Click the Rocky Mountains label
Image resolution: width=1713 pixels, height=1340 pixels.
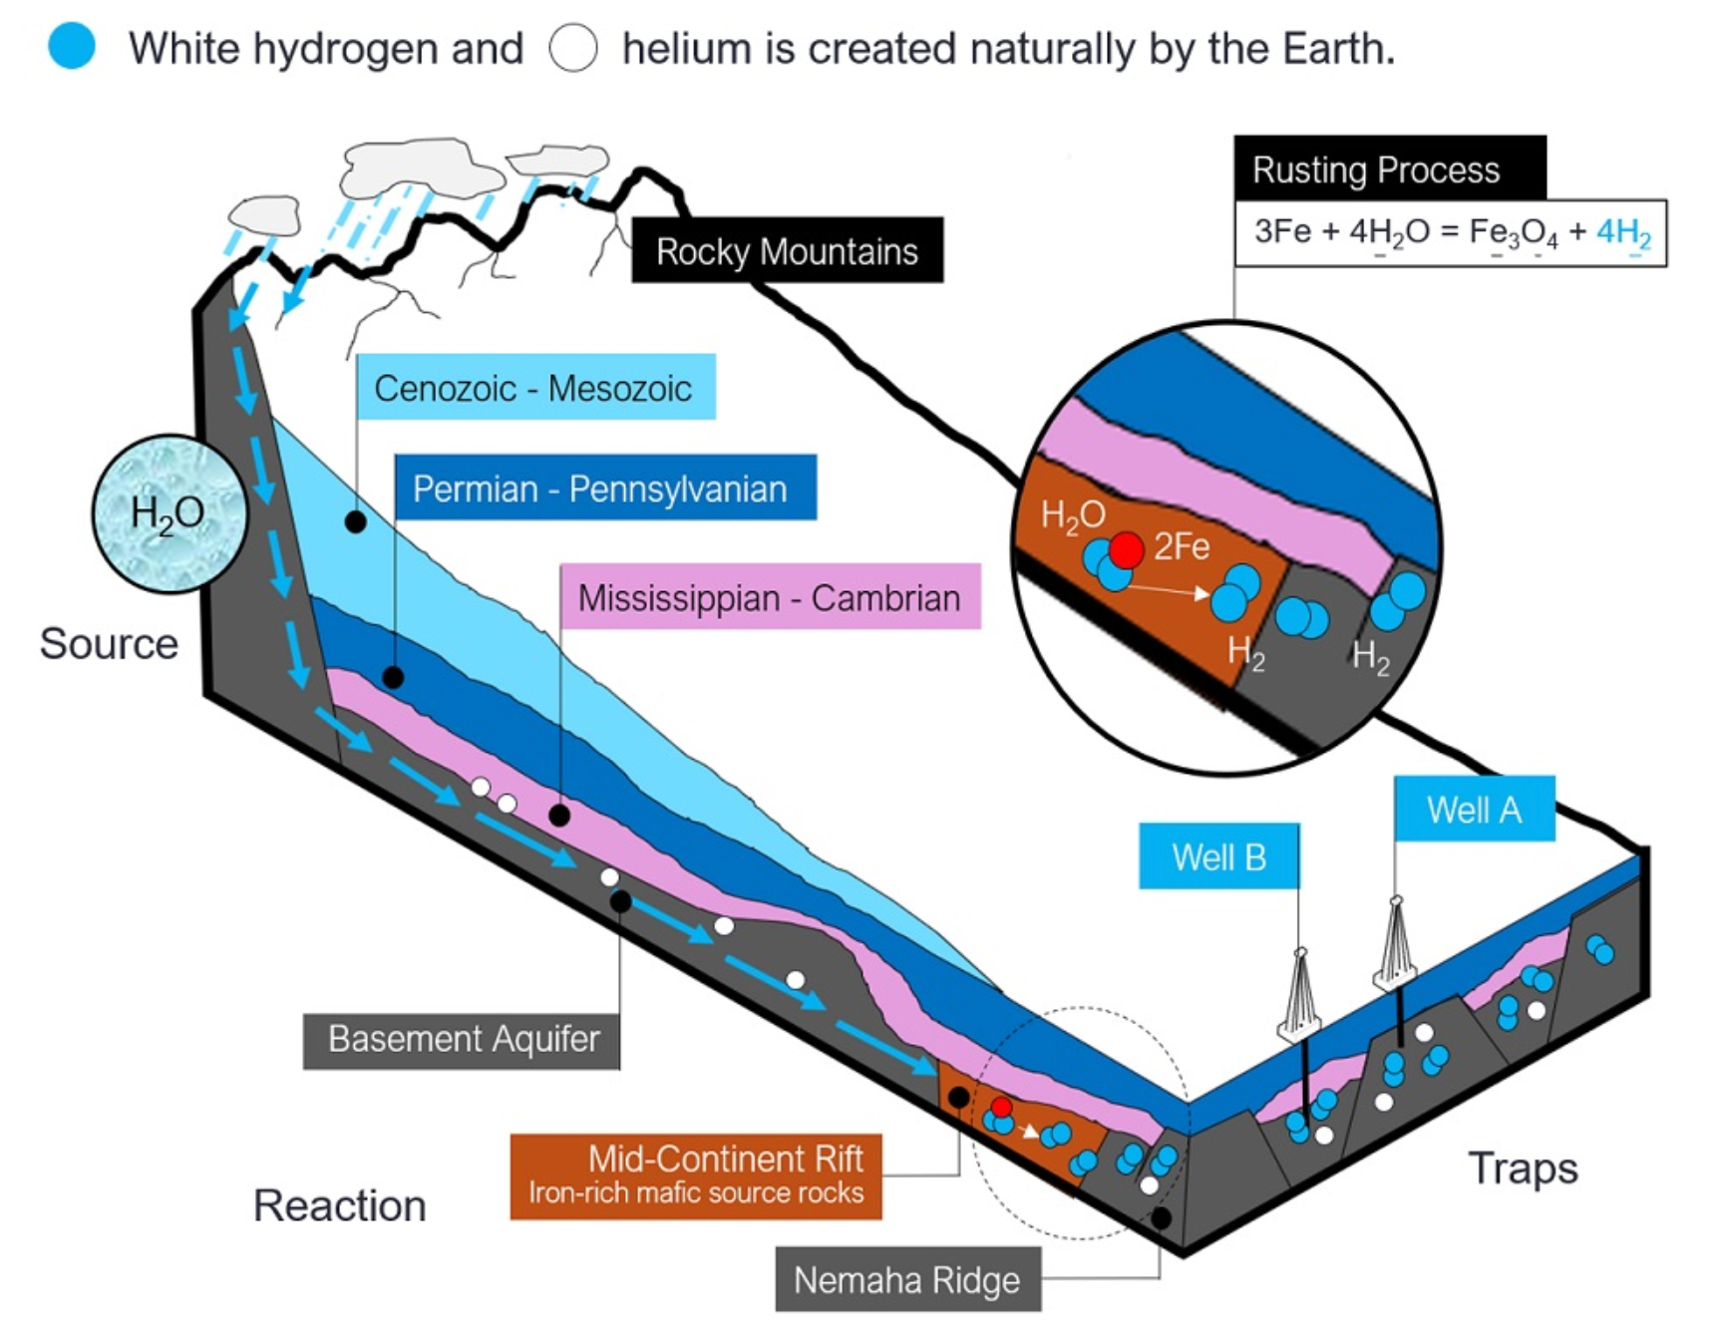pos(787,251)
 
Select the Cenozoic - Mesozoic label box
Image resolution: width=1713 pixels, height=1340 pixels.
pos(534,387)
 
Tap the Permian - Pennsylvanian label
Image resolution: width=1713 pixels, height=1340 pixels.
pos(604,489)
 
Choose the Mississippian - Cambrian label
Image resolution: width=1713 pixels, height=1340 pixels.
pos(769,597)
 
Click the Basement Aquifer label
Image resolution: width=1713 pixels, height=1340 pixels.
pos(462,1039)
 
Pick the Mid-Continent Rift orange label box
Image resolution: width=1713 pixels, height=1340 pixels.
pos(696,1175)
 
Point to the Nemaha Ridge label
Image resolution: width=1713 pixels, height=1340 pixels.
pos(907,1279)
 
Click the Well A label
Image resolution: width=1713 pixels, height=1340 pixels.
pos(1474,809)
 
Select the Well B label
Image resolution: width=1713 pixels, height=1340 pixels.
pos(1218,856)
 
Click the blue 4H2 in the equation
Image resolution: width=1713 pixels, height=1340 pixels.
pos(1623,233)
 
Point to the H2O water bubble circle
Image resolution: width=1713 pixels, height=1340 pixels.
pos(170,513)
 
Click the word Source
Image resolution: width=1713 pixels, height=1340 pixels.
pos(109,643)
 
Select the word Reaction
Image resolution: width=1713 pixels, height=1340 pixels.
pos(339,1205)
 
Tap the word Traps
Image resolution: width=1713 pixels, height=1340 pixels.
pos(1523,1168)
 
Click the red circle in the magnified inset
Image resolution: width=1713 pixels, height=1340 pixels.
pos(1127,548)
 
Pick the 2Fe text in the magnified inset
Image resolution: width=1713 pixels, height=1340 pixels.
pos(1182,546)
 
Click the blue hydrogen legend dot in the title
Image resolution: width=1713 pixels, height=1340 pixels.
pos(72,47)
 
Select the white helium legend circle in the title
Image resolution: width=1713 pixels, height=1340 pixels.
pos(573,47)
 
